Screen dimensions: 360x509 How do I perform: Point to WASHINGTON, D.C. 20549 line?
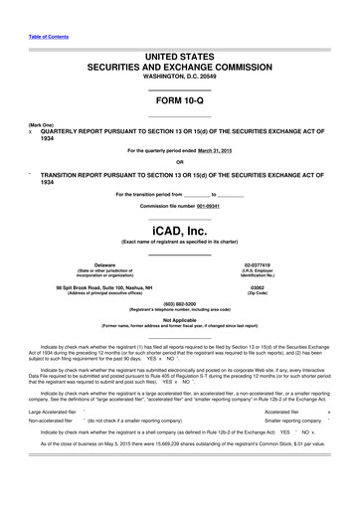click(x=179, y=76)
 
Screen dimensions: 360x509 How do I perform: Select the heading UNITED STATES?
click(x=179, y=48)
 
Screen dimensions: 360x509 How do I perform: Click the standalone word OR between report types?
click(x=179, y=161)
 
